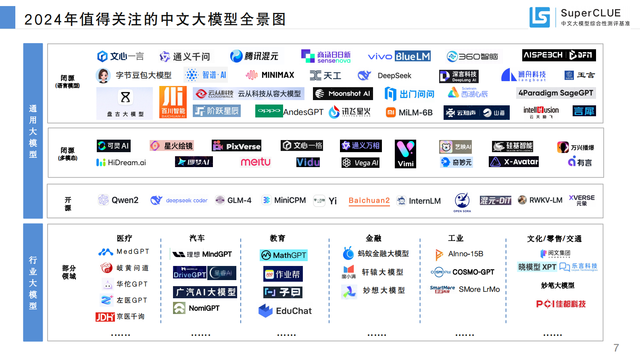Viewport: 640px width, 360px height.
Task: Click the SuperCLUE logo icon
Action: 540,17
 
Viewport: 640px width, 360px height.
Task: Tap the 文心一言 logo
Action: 120,56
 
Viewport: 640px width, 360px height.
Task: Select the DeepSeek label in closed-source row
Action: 394,75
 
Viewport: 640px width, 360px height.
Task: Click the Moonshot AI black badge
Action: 343,94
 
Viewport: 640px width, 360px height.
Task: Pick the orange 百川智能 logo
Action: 173,102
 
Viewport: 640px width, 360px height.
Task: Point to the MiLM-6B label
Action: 415,113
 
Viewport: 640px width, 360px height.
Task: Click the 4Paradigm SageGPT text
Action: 556,93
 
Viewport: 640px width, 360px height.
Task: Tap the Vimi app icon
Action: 405,154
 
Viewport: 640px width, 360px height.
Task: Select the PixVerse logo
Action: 237,146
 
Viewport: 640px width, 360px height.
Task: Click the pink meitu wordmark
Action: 256,162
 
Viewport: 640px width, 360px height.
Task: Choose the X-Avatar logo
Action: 514,162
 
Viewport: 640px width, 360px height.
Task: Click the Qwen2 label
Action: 125,200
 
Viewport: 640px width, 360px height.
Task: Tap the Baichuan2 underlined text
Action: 369,201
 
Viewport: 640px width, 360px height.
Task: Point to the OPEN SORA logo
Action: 462,202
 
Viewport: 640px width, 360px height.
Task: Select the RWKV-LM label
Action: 545,200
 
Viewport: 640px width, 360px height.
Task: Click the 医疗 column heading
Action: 124,238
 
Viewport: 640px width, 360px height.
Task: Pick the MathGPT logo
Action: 284,255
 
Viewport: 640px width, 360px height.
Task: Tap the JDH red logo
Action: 105,317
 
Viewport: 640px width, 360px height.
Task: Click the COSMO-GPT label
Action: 473,272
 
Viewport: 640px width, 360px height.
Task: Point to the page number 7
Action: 616,347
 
